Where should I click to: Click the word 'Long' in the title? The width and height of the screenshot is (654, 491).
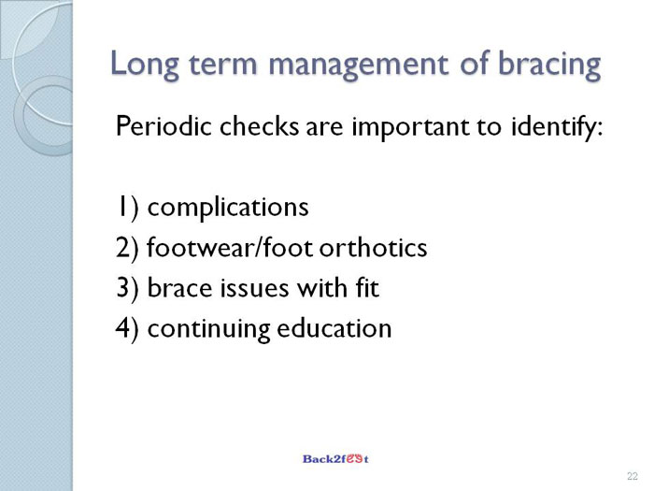[x=145, y=65]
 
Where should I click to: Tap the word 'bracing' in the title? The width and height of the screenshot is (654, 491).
[x=549, y=65]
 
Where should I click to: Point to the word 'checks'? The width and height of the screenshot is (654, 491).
[x=259, y=125]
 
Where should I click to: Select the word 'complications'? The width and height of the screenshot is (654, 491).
[x=228, y=208]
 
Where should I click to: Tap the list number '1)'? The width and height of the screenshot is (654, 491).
[x=127, y=208]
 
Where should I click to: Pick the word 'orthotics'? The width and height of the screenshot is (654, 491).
[x=374, y=248]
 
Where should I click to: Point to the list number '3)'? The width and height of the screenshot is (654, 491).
[x=127, y=288]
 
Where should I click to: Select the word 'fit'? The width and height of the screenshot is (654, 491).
[x=367, y=288]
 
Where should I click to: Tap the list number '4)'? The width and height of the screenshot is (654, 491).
[x=127, y=328]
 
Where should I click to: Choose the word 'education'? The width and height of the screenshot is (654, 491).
[x=334, y=328]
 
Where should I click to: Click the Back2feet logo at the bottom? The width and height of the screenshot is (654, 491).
[x=335, y=459]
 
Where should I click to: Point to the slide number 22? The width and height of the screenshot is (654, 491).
[x=633, y=476]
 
